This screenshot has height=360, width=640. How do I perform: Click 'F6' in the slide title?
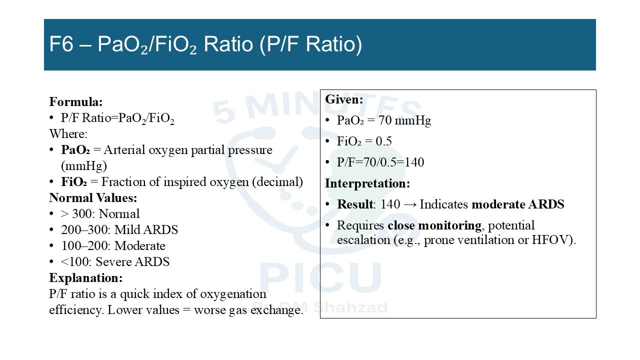[61, 44]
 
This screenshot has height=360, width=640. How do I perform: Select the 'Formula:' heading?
[75, 101]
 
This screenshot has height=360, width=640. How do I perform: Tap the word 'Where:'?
[68, 133]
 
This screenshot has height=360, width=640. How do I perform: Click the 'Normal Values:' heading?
[93, 197]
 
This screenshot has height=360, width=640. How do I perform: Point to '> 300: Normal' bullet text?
[100, 213]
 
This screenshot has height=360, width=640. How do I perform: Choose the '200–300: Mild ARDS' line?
[119, 229]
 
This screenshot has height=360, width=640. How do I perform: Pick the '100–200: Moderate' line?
[113, 245]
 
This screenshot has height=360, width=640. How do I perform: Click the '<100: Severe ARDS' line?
[115, 261]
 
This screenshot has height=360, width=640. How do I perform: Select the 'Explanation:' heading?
[86, 277]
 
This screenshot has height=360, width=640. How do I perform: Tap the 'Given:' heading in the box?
[344, 99]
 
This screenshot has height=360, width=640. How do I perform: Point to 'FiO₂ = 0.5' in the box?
[364, 141]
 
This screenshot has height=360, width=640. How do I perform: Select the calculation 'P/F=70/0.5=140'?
[380, 162]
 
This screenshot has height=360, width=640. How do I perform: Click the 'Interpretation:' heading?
[367, 183]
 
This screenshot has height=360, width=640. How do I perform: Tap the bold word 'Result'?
[355, 204]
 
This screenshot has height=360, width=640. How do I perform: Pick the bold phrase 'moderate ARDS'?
[517, 204]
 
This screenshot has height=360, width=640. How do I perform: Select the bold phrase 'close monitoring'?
[434, 225]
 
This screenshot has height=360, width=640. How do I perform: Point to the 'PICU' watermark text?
[320, 278]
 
